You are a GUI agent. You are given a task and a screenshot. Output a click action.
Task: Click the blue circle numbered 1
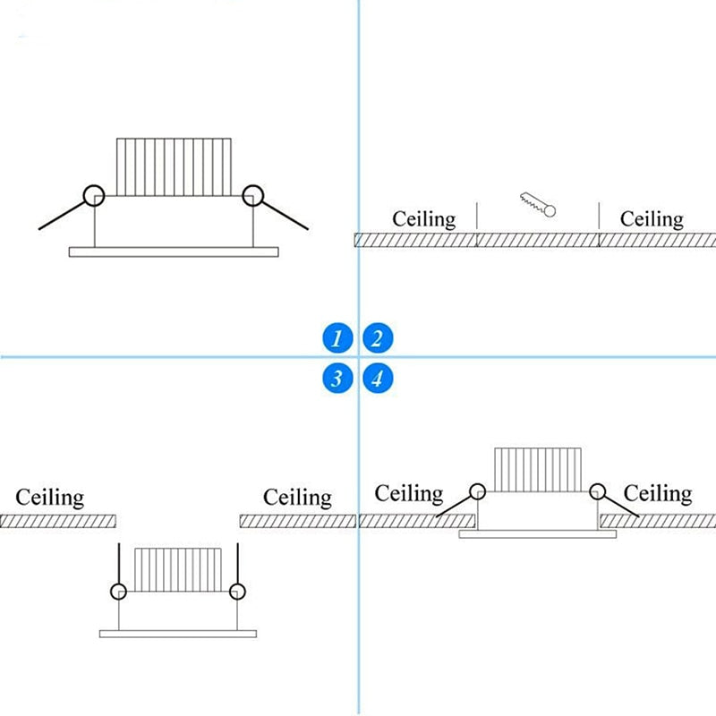pos(337,338)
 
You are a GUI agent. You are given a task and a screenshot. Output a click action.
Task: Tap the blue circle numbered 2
pos(378,338)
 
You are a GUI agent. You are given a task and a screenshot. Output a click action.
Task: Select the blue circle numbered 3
pos(337,379)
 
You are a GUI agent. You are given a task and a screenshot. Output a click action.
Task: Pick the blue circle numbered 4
pos(378,379)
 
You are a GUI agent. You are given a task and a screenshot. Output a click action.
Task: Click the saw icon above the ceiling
pos(538,204)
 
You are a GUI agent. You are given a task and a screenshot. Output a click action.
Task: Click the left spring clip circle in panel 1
pos(84,196)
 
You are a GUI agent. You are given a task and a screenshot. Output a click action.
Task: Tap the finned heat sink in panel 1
pos(174,167)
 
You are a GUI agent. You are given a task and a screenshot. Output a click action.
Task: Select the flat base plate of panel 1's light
pos(174,252)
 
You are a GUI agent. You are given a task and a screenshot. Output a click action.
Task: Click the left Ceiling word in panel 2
pos(423,219)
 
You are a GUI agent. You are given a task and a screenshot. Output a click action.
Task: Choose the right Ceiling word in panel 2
pos(652,219)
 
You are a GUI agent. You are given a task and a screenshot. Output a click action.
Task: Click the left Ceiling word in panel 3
pos(50,498)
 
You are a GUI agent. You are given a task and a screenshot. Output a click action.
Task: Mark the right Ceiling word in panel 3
pos(297,498)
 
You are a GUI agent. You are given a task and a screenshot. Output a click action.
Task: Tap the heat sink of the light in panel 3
pos(178,570)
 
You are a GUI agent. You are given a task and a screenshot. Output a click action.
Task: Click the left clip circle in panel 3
pos(111,592)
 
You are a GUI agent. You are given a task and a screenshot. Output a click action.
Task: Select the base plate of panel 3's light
pos(178,634)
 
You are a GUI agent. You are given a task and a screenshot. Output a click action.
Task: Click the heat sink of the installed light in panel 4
pos(538,470)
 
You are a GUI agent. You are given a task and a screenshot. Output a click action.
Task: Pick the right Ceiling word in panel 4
pos(658,494)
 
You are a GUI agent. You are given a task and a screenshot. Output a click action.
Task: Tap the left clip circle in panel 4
pos(471,491)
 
